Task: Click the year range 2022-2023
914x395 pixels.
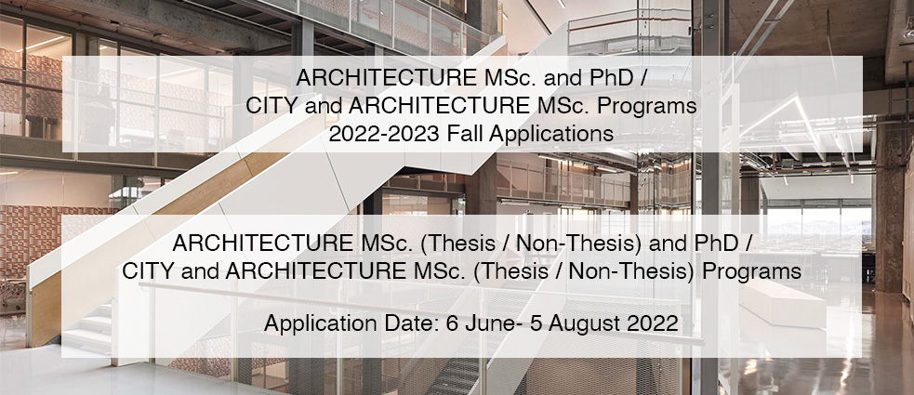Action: click(385, 134)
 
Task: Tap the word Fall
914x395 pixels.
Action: click(466, 134)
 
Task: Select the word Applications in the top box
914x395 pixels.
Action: click(551, 135)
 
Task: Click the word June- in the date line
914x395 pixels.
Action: click(493, 323)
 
